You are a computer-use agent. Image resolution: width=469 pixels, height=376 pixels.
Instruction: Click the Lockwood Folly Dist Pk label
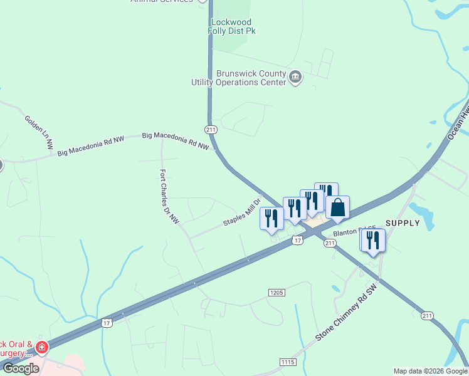pos(233,26)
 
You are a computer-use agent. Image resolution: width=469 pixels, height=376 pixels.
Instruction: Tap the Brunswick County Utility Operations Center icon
pos(295,78)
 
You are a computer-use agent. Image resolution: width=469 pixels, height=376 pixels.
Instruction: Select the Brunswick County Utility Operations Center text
pos(242,78)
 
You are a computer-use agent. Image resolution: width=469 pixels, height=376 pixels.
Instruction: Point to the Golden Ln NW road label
pos(39,132)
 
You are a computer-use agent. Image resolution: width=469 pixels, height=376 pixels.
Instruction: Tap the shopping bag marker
pos(337,208)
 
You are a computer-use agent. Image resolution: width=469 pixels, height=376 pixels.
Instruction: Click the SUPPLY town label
pos(402,223)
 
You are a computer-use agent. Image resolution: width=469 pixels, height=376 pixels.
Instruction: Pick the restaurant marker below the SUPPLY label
pos(373,239)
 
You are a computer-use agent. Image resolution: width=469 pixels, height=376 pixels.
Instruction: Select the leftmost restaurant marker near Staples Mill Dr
pos(271,218)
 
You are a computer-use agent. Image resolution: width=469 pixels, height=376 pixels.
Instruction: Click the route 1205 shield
pos(277,293)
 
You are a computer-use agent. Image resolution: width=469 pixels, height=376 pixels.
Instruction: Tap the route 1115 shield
pos(288,363)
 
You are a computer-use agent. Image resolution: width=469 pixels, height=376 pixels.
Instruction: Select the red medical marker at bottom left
pos(42,347)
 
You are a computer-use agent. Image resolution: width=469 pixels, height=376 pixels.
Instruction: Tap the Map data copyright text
pos(430,371)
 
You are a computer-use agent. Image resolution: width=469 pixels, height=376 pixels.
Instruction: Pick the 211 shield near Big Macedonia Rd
pos(211,130)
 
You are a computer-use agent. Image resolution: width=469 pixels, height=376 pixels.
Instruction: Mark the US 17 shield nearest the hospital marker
pos(106,323)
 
